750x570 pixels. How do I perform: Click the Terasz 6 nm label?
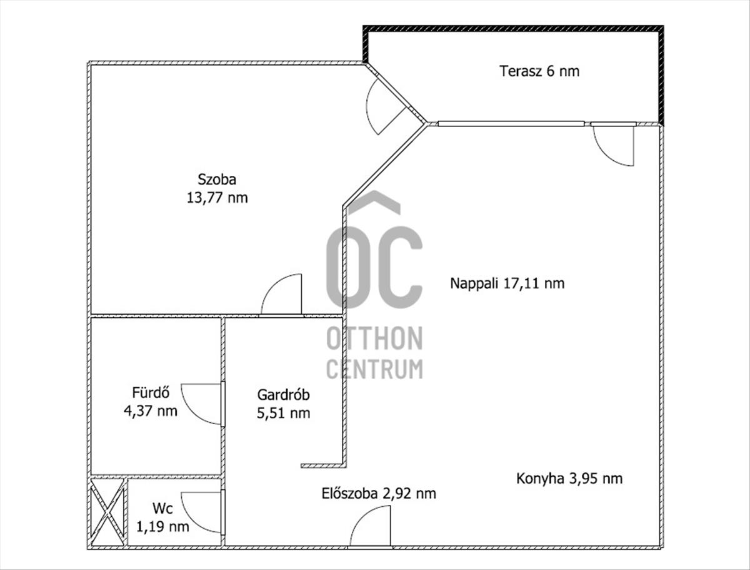tap(539, 71)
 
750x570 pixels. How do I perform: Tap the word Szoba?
tap(217, 180)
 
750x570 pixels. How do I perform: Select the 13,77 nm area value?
tap(217, 198)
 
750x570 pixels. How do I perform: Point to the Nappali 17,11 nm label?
tap(507, 283)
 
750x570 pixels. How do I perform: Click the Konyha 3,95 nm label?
tap(569, 479)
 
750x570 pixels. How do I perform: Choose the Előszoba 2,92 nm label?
tap(379, 494)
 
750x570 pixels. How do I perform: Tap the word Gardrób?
tap(284, 395)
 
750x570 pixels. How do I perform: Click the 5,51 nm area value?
tap(284, 413)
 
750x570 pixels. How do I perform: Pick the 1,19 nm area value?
tap(163, 526)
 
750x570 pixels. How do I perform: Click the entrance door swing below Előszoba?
tap(371, 527)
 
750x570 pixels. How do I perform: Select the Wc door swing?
tap(203, 511)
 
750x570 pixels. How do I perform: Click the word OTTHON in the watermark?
tap(374, 339)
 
